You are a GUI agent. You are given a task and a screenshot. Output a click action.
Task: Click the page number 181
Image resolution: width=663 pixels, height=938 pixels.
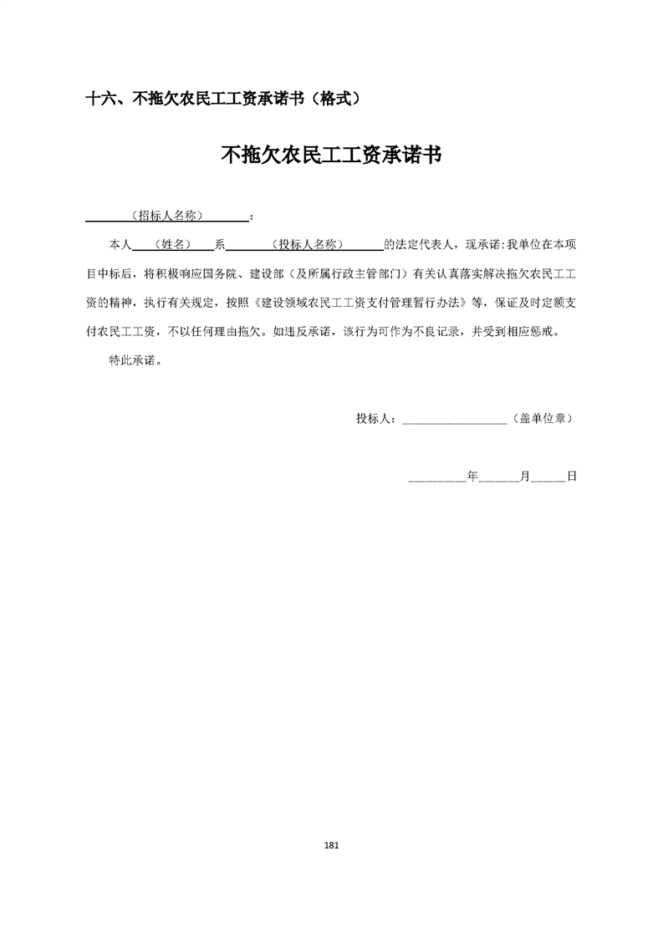(x=331, y=845)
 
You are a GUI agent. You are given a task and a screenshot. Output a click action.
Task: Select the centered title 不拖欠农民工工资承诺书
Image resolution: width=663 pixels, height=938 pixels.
(x=331, y=155)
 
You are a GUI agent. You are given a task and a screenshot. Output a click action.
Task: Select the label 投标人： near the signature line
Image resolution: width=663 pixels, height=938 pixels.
(x=379, y=419)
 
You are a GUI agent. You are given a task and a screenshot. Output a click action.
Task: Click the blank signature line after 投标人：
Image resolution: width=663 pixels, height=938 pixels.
(x=454, y=421)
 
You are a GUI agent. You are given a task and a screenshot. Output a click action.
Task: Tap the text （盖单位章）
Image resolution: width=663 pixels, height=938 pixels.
(x=543, y=419)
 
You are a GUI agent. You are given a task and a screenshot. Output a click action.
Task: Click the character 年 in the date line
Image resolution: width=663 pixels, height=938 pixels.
(x=472, y=476)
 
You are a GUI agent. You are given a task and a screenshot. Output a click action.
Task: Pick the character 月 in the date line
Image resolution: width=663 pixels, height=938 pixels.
(x=524, y=476)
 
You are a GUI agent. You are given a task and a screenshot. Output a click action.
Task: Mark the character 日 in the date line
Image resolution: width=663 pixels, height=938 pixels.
(x=572, y=476)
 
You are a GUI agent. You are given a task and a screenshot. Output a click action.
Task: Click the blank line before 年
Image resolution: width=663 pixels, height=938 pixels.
(x=437, y=478)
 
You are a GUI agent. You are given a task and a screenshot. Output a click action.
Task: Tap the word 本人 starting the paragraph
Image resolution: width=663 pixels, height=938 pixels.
(x=121, y=244)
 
